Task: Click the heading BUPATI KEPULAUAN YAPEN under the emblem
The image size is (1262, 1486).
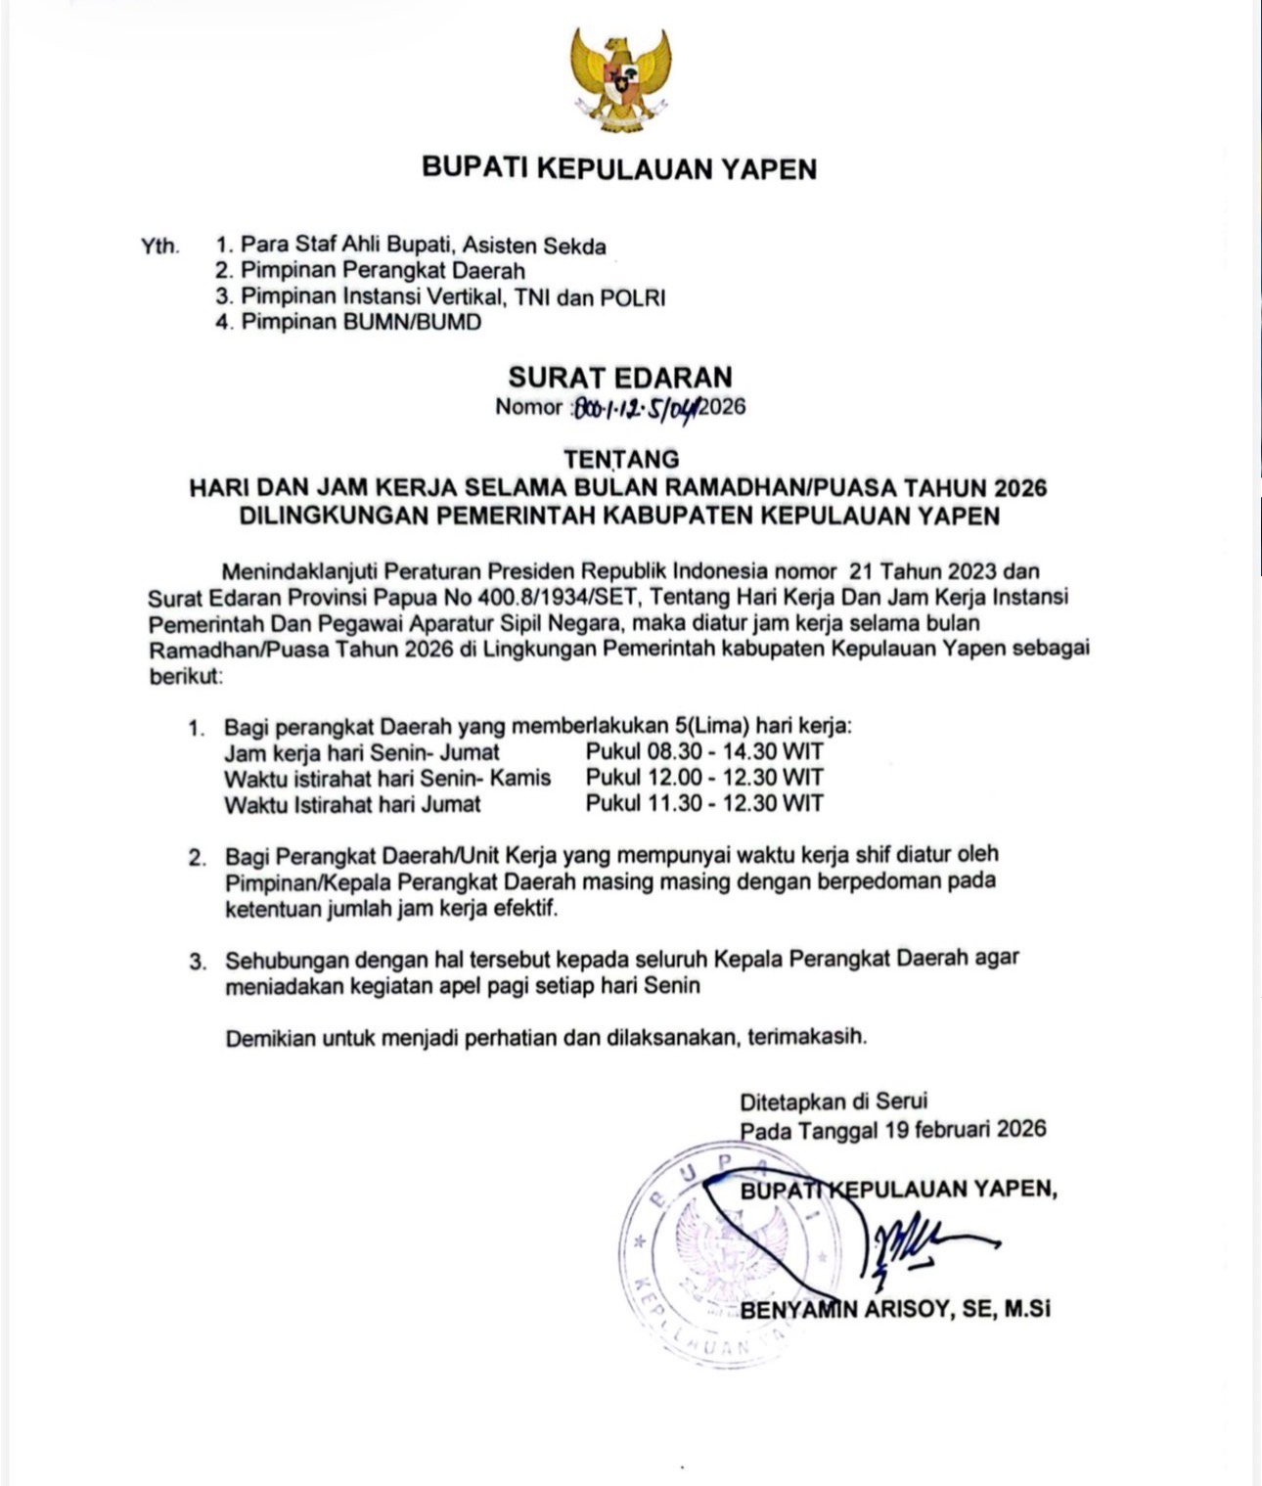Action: pos(618,168)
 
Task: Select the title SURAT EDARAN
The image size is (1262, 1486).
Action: pos(619,378)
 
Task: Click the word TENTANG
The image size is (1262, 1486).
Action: pos(620,458)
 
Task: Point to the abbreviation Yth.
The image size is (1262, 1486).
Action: pos(159,246)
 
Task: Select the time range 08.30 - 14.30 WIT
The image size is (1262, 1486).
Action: pos(704,752)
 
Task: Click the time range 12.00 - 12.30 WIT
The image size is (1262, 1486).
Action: pos(704,778)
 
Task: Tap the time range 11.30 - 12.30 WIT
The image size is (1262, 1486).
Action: pos(704,804)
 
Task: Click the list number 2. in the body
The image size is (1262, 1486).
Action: pos(198,858)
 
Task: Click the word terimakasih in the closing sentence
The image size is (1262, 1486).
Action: pos(807,1037)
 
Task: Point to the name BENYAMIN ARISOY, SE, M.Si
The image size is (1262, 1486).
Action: pos(895,1309)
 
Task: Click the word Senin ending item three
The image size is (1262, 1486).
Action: pos(672,985)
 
